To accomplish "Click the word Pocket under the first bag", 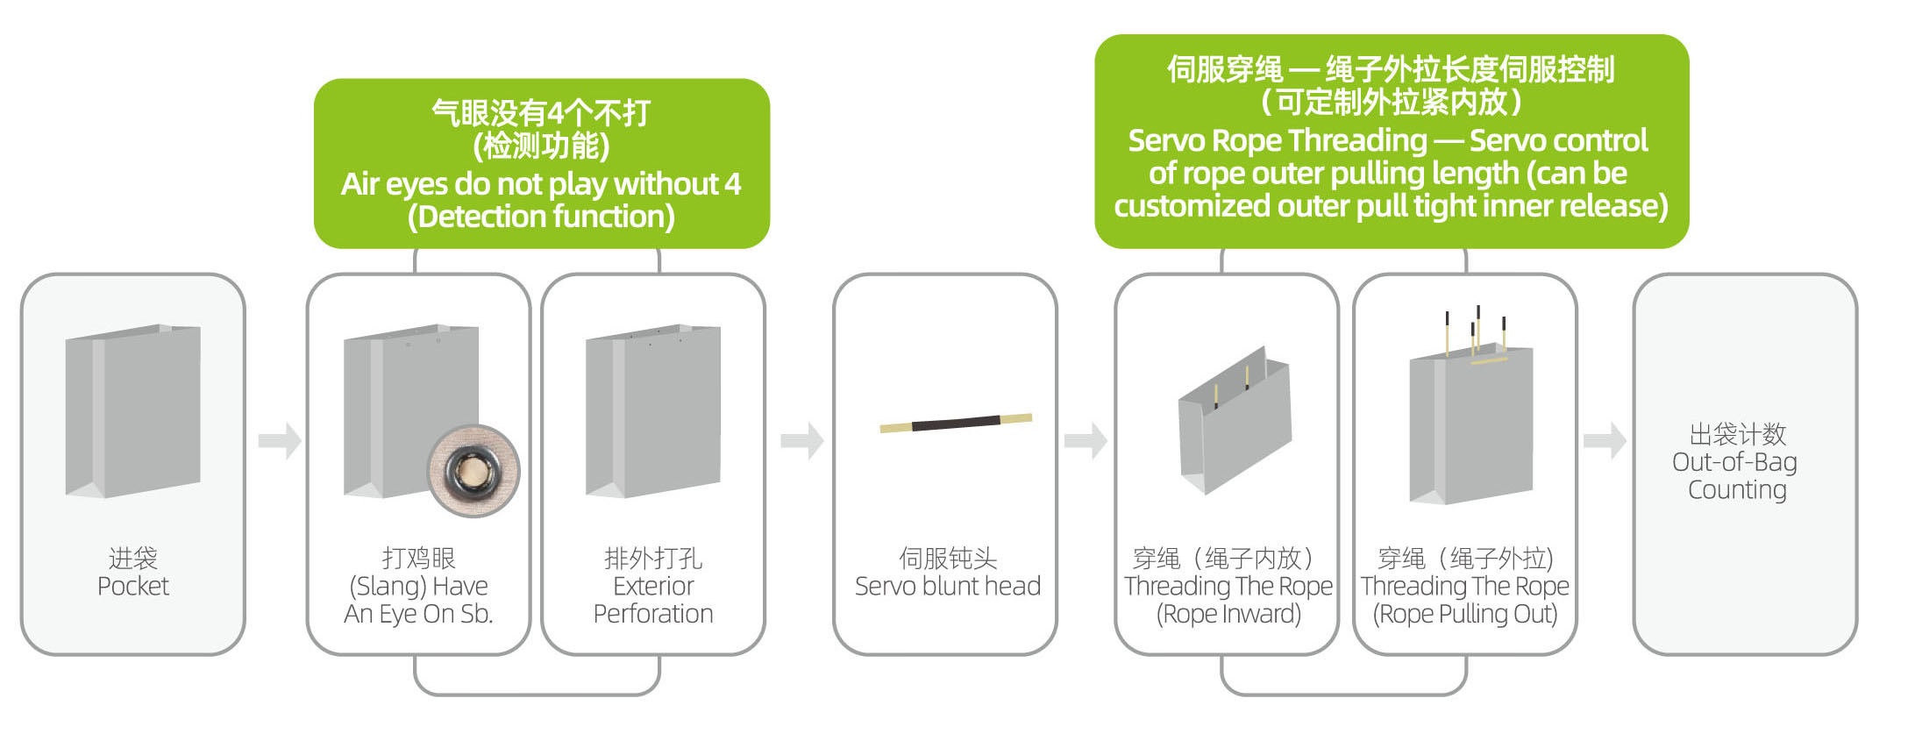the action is click(x=133, y=586).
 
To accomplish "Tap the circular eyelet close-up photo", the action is click(x=473, y=471).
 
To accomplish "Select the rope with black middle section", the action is click(x=956, y=423).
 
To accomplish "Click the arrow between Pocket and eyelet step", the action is click(x=280, y=440).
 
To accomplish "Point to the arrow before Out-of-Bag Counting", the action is click(x=1605, y=440).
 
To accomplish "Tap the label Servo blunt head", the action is click(x=948, y=586).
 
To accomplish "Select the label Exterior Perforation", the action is click(x=653, y=600).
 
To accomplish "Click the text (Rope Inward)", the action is click(x=1228, y=614).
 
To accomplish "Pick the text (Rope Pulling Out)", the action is click(x=1465, y=614).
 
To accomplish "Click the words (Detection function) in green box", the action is click(x=541, y=217).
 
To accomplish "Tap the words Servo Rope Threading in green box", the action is click(x=1278, y=140).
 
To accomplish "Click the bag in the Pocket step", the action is click(x=133, y=410).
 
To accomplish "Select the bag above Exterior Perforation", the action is click(x=653, y=410).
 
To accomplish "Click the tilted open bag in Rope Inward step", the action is click(x=1235, y=420).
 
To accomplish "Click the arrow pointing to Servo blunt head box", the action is click(x=802, y=440).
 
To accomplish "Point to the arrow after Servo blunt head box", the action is click(x=1086, y=440).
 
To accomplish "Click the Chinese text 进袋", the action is click(x=133, y=558).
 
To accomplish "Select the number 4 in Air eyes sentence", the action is click(x=732, y=184).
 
